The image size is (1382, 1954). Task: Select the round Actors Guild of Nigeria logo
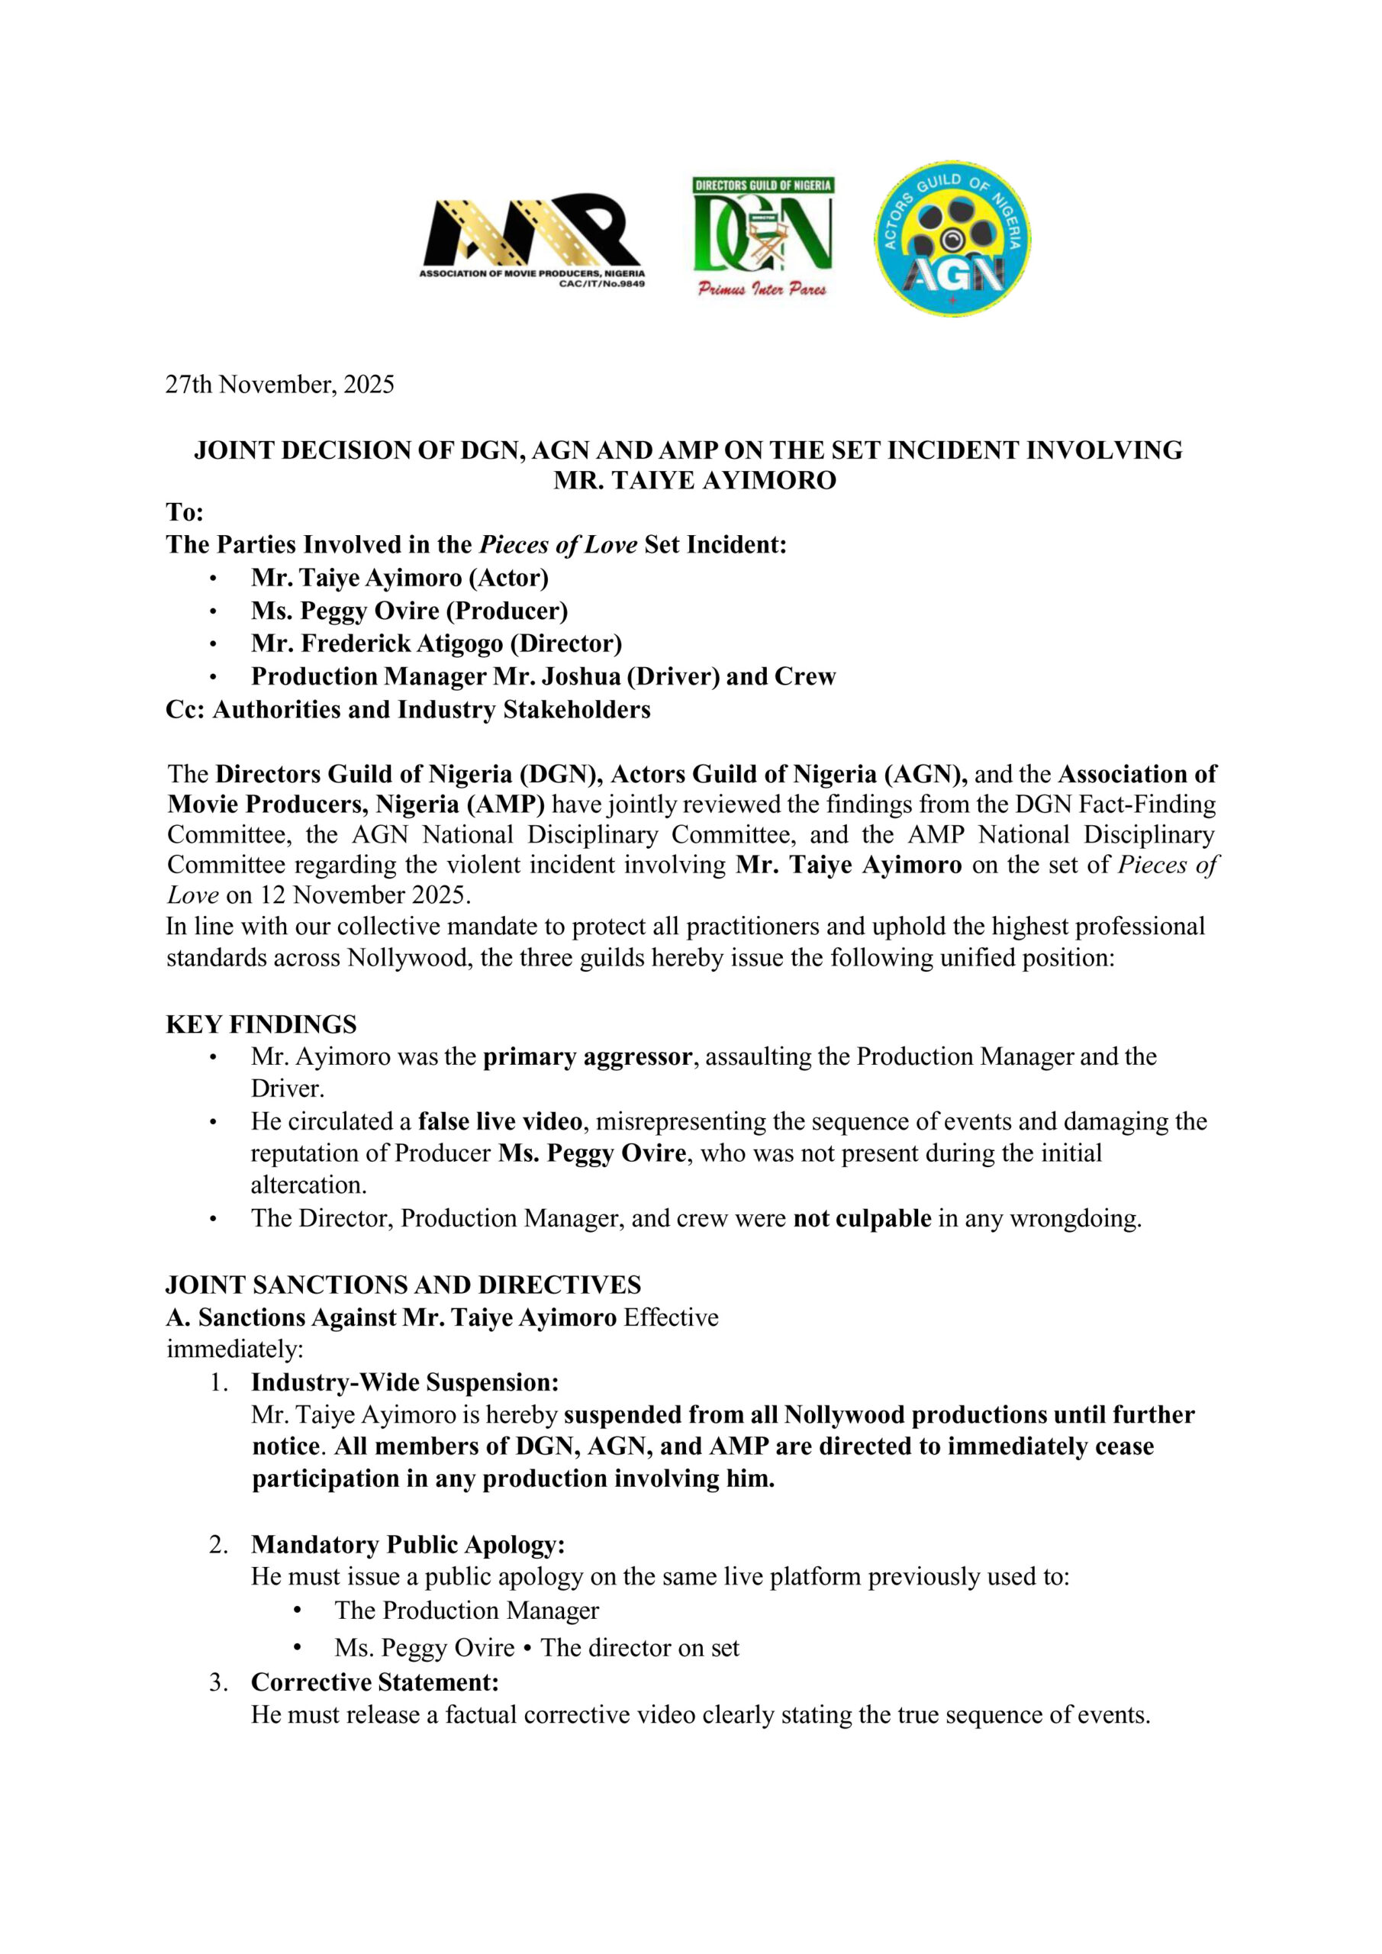(952, 239)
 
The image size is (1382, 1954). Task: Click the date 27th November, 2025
(280, 385)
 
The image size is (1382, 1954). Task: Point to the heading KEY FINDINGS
(261, 1024)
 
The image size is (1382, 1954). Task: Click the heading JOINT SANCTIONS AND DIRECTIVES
(404, 1285)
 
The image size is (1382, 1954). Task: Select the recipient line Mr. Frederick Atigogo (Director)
(437, 643)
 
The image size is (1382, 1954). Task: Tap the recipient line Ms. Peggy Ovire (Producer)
(409, 611)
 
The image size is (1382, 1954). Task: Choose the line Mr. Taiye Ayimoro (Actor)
(400, 578)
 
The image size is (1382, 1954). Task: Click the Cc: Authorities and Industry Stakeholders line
(408, 710)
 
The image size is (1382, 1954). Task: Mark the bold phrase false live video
(501, 1122)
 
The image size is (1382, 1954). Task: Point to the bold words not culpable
(862, 1219)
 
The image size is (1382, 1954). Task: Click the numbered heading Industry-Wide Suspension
(405, 1382)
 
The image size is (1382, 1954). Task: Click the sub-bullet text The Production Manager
(467, 1611)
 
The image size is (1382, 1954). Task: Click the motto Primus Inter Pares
(762, 289)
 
